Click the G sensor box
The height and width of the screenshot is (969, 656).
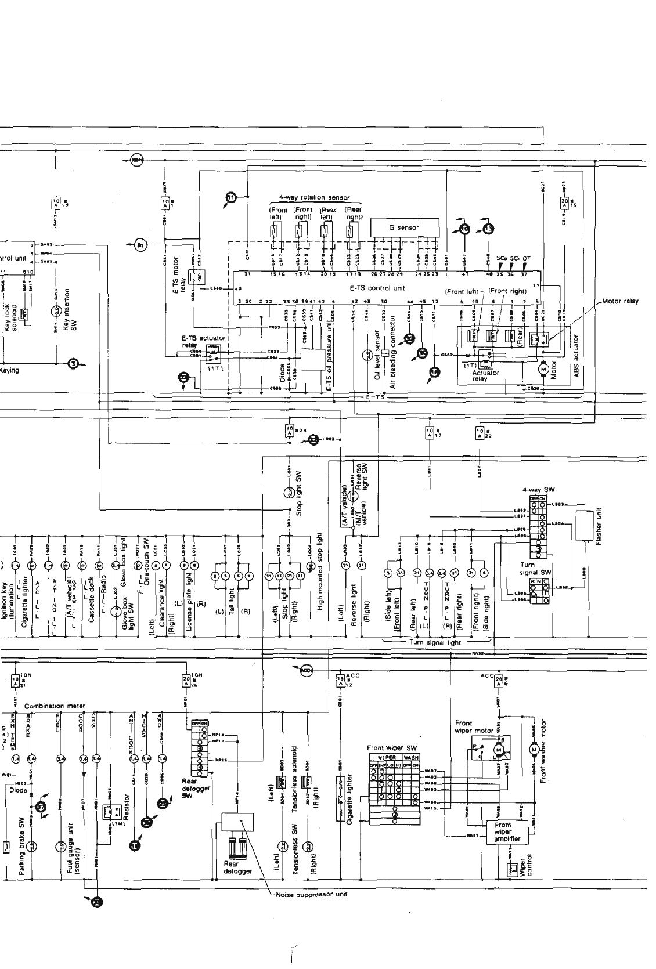[403, 227]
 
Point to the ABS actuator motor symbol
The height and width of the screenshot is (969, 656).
[543, 368]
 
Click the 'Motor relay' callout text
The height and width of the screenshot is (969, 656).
[619, 301]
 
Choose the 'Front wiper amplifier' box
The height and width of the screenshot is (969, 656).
[503, 831]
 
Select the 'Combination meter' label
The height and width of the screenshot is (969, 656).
[55, 706]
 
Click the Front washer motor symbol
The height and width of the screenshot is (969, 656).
[533, 749]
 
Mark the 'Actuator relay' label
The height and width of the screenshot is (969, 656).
[485, 376]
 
